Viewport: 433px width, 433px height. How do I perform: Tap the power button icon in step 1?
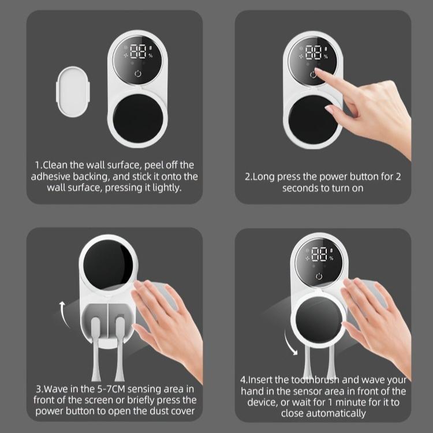click(x=137, y=73)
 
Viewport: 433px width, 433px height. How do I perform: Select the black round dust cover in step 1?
click(x=137, y=115)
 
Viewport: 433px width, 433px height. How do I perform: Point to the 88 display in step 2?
click(x=313, y=53)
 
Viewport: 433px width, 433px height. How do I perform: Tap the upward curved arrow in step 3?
click(x=62, y=307)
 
